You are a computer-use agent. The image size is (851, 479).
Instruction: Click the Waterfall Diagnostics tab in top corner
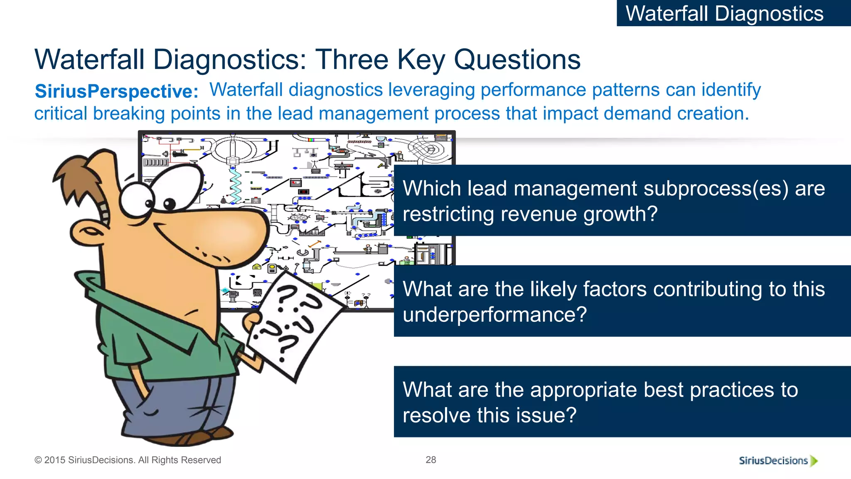(725, 13)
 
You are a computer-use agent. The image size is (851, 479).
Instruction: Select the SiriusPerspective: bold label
(117, 91)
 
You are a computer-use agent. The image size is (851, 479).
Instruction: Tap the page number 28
(431, 459)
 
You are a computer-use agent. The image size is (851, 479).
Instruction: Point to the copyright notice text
(128, 460)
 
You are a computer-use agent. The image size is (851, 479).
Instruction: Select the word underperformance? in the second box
(494, 314)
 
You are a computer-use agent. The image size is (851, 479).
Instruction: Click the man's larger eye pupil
(170, 204)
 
